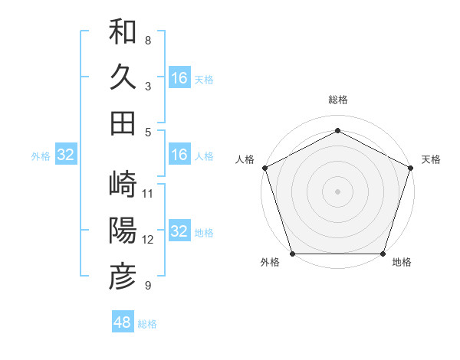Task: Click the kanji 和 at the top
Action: coord(123,32)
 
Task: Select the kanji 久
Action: coord(123,77)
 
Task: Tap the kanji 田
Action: coord(123,123)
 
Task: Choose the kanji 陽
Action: coord(123,231)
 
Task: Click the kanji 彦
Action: coord(123,277)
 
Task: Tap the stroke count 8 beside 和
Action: coord(148,40)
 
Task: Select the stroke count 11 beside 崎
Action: coord(149,193)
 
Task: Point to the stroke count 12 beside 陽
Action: coord(149,239)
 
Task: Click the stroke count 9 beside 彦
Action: coord(148,286)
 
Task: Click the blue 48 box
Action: coord(123,322)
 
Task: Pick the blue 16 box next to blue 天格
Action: coord(179,77)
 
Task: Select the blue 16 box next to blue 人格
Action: coord(179,155)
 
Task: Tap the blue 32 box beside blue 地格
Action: coord(179,232)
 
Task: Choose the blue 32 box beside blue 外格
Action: coord(65,155)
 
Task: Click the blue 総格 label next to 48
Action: coord(147,324)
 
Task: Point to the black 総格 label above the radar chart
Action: coord(337,100)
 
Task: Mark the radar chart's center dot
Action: coord(337,191)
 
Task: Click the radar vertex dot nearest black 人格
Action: coord(264,167)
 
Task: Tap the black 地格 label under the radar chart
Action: coord(402,263)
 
